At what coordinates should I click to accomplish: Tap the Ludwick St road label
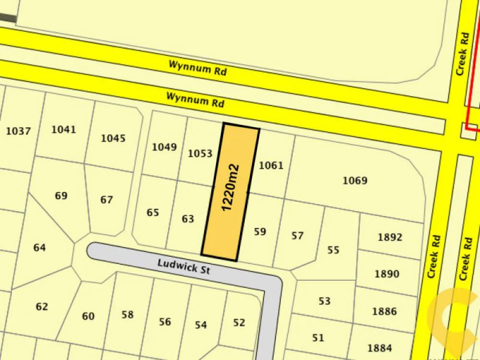[184, 266]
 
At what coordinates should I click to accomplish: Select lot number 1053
[200, 154]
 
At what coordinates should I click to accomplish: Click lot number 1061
[271, 166]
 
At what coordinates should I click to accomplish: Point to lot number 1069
[355, 180]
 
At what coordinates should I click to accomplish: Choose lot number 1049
[165, 147]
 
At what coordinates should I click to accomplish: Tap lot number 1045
[113, 138]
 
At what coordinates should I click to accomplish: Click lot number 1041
[63, 129]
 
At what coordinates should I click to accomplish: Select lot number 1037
[18, 131]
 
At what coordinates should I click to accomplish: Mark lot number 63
[188, 219]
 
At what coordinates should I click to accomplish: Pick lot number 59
[260, 232]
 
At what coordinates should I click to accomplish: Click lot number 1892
[390, 237]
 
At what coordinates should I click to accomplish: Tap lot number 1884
[379, 348]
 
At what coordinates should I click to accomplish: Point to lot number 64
[39, 248]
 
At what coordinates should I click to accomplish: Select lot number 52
[239, 323]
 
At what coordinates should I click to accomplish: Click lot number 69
[61, 196]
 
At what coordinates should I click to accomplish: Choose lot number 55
[333, 250]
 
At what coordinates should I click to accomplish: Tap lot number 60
[88, 316]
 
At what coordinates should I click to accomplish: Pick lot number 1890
[386, 274]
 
